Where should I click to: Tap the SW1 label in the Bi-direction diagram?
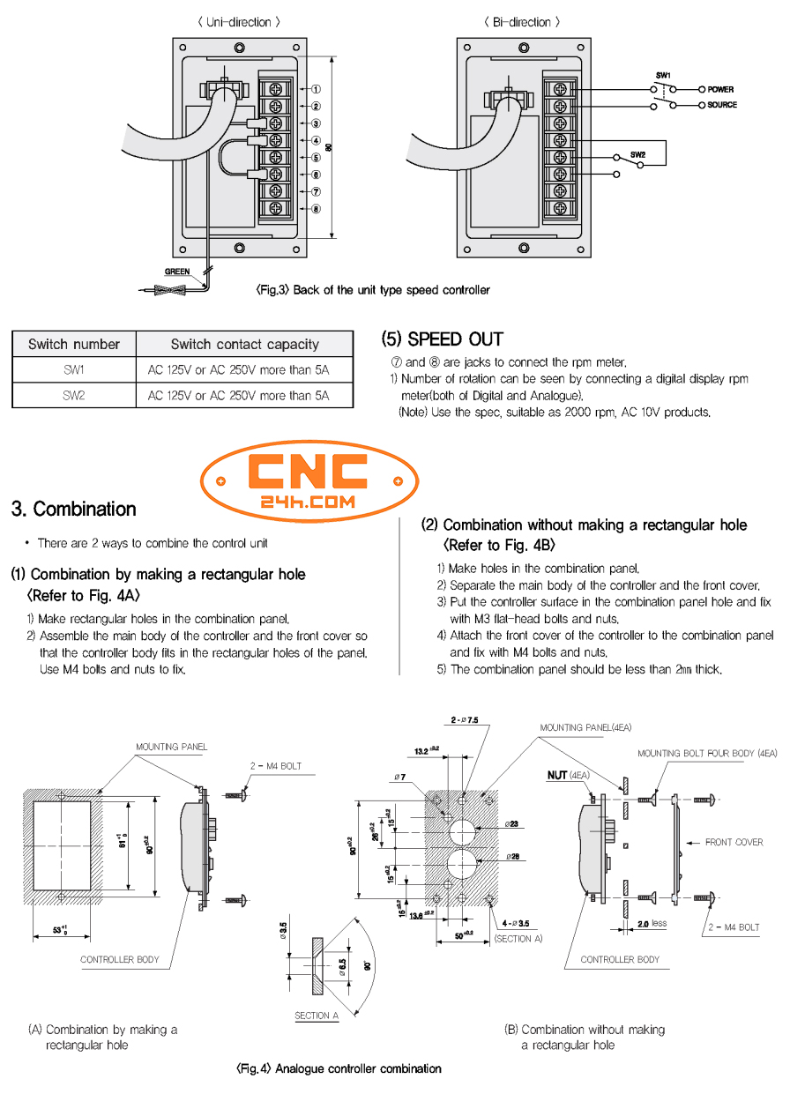click(x=664, y=76)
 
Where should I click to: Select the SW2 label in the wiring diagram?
click(x=638, y=153)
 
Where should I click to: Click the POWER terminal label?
click(x=719, y=90)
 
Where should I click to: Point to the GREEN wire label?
click(x=177, y=272)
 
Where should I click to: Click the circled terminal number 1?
click(x=316, y=89)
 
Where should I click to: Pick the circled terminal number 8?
click(x=316, y=209)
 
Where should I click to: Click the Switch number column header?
click(x=74, y=344)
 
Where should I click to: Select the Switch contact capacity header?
click(x=244, y=344)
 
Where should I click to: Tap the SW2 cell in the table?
click(x=74, y=396)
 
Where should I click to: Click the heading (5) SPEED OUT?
click(x=443, y=339)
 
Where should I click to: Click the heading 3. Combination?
click(x=74, y=509)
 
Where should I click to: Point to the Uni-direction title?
click(x=239, y=22)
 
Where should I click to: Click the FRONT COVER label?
click(x=734, y=843)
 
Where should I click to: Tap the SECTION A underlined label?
click(x=317, y=1016)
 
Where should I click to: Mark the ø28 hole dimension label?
click(x=512, y=856)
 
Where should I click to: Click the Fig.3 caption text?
click(x=372, y=290)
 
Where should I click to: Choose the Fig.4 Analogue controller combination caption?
click(x=339, y=1068)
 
